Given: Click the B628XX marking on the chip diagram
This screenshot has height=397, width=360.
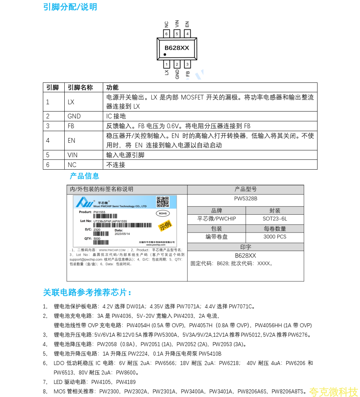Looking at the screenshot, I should coord(177,48).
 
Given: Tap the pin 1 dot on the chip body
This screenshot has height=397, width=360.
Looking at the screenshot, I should coord(165,54).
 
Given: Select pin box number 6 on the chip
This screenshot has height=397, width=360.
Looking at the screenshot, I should coord(166,34).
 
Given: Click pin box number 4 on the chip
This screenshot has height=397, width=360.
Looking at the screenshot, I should coord(187,34).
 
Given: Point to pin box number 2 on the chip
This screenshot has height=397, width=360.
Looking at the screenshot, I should coord(177,65).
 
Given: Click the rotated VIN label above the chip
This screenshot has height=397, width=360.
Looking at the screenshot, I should coord(177,24).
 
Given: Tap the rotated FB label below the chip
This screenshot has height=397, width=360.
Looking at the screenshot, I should coord(187,74).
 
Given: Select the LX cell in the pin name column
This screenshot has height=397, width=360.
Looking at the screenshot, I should coord(71,102).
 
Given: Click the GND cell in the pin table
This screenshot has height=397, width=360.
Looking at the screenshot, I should coord(74,116).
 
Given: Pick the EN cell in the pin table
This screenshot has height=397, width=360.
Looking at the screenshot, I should coord(71,141).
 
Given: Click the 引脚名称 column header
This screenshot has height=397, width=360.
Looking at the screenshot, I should coord(80,88).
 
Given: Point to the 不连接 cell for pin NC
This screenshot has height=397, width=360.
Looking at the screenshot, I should coord(116,165).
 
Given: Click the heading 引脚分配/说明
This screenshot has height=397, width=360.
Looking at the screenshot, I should coord(70,7).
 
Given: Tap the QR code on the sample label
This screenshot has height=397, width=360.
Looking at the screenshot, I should coord(163,202).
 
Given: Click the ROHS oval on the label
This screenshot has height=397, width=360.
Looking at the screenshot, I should coord(162,214).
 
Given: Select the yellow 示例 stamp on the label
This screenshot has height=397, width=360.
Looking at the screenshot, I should coord(165,226).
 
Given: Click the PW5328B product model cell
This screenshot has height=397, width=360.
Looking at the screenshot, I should coord(246,199).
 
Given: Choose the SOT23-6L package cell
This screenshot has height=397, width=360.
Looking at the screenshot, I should coord(275,219).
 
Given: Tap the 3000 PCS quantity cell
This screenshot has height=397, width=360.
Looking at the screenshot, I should coord(275,237).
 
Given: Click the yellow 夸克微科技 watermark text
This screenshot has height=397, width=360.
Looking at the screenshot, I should coord(333,392).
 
